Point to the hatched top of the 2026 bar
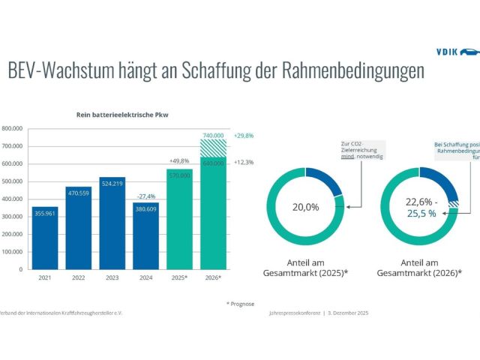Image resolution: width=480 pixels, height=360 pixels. [212, 146]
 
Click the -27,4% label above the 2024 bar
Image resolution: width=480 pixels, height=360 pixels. [145, 196]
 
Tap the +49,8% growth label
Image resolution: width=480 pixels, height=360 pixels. [179, 160]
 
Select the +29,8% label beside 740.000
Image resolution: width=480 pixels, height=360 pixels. [244, 136]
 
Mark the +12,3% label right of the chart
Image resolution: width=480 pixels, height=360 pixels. [244, 163]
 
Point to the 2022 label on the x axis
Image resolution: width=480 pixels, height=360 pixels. [78, 277]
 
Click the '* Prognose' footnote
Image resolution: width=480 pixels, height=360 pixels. [240, 304]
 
